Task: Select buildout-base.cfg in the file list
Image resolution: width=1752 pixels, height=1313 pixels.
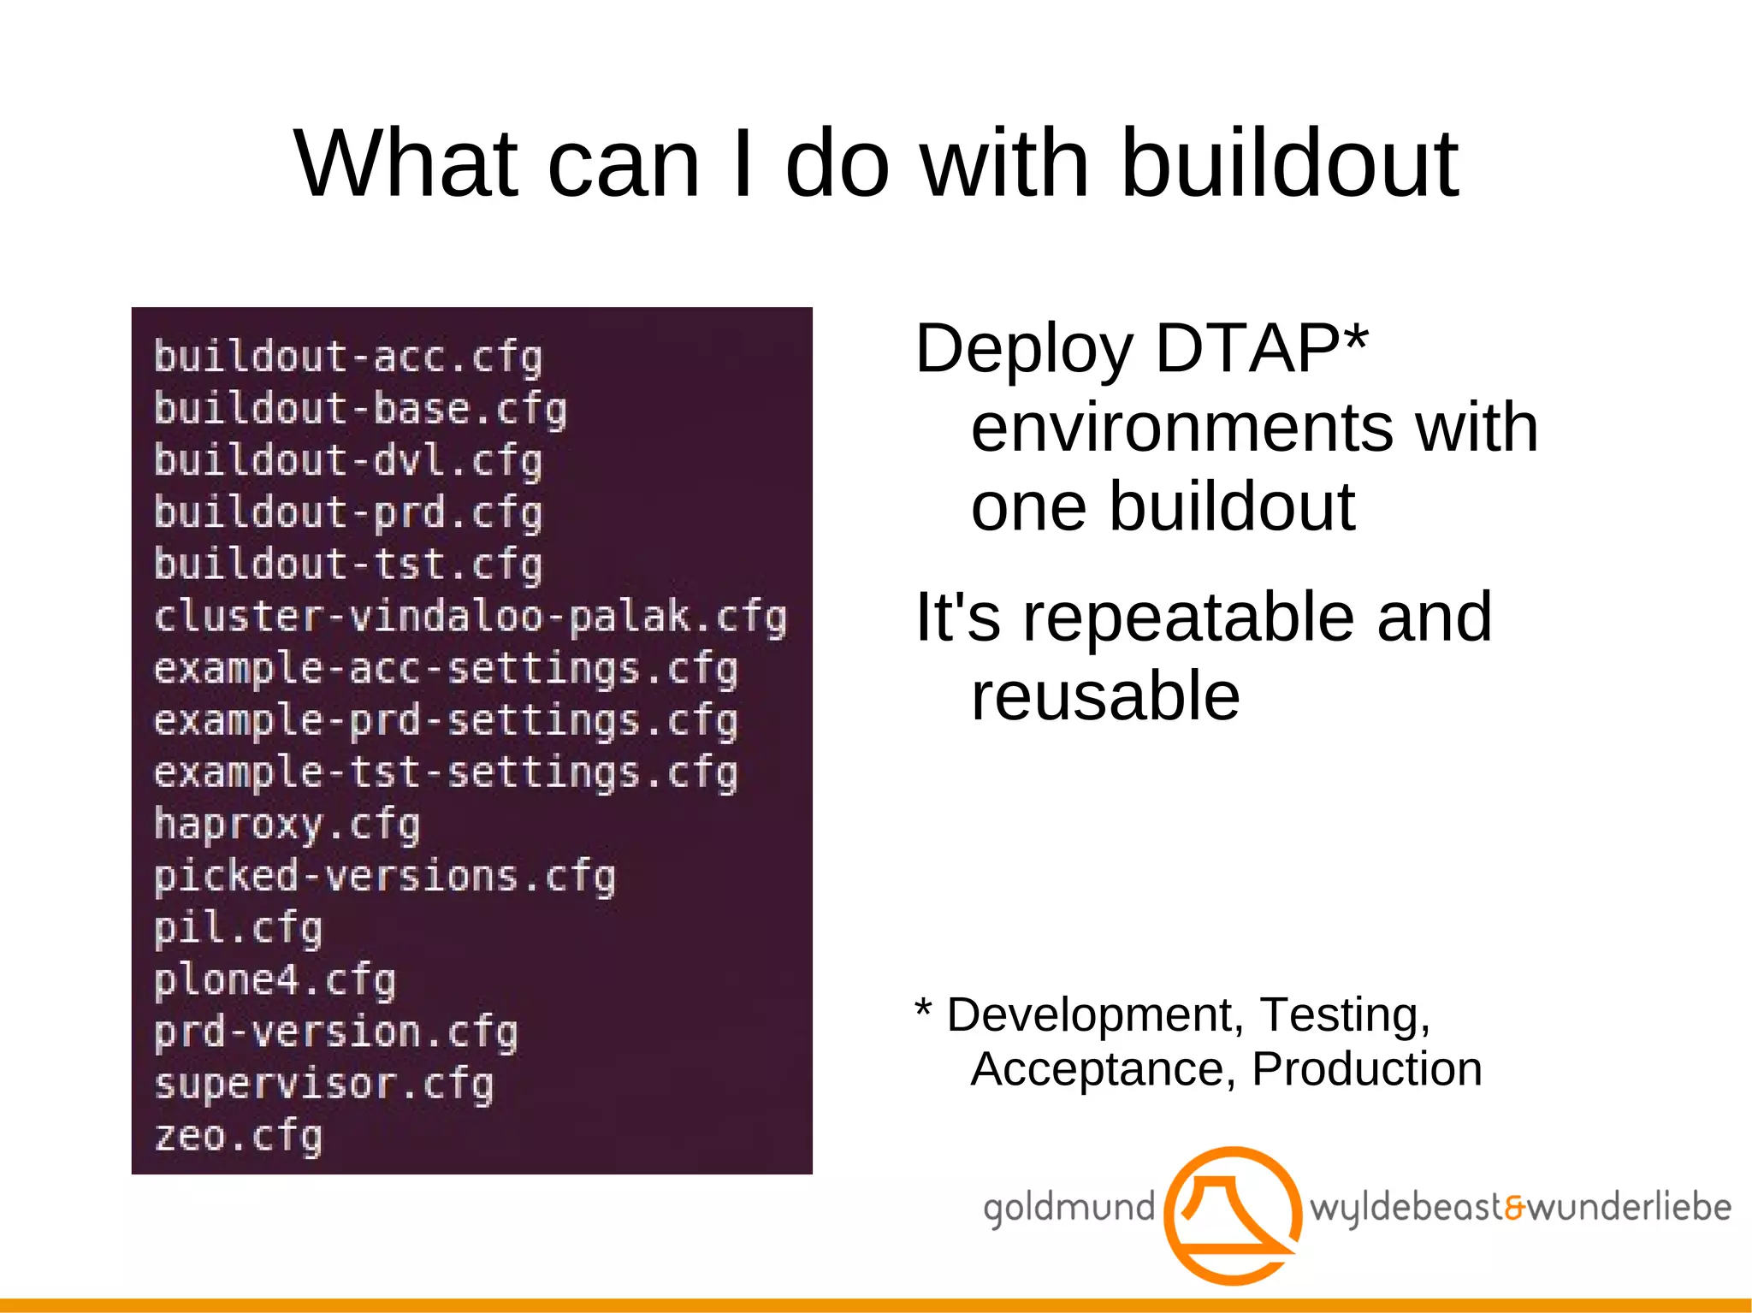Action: tap(360, 408)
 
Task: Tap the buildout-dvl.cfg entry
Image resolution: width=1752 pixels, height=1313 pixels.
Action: tap(348, 460)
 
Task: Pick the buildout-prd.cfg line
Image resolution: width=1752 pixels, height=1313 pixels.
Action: tap(348, 512)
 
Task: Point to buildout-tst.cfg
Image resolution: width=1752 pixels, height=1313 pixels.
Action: tap(348, 565)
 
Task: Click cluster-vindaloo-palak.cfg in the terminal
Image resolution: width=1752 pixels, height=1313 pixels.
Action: tap(470, 617)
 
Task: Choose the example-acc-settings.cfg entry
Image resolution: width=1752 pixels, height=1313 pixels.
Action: tap(446, 669)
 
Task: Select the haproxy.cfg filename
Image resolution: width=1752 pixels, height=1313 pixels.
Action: tap(287, 825)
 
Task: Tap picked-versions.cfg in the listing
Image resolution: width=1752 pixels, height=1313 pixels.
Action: tap(384, 877)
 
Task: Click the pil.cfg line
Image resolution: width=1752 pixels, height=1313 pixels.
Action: tap(238, 929)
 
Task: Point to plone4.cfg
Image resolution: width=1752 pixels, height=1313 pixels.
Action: tap(275, 980)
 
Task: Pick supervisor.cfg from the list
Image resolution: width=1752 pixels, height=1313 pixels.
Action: tap(323, 1085)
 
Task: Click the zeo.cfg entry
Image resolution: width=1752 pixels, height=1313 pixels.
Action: tap(238, 1137)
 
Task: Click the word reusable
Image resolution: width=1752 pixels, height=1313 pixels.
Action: tap(1105, 696)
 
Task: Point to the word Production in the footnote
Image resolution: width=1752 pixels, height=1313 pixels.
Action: tap(1366, 1068)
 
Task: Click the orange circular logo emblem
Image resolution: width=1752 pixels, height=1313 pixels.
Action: tap(1233, 1215)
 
